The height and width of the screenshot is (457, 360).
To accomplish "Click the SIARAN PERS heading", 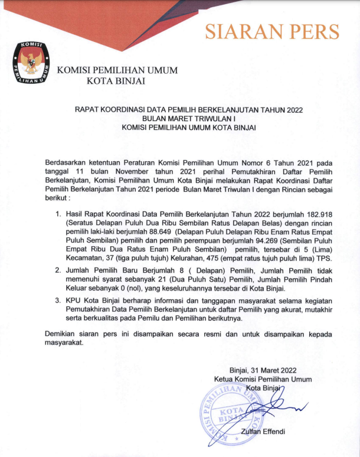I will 272,31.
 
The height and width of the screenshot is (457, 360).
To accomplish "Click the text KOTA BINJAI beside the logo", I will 116,81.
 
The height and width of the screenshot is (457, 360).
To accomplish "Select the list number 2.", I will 58,270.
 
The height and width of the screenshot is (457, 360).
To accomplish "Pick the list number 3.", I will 58,301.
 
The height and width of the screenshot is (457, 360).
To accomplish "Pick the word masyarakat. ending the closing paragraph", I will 65,343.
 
